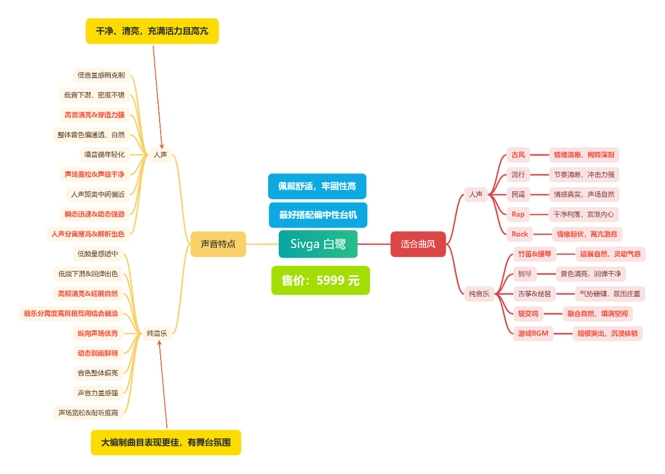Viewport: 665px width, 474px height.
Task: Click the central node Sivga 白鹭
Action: coord(318,244)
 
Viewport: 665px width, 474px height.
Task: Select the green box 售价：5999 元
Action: coord(320,281)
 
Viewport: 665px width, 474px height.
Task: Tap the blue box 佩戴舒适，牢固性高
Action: coord(317,186)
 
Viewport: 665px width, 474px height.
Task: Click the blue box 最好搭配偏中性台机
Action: coord(318,215)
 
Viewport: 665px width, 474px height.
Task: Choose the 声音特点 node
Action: coord(217,244)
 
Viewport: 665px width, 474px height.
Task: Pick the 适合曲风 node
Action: coord(418,244)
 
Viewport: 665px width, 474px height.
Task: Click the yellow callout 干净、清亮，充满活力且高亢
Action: coord(152,31)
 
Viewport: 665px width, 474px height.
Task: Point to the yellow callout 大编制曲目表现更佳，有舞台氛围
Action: coord(166,442)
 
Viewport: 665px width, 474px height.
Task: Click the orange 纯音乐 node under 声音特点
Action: coord(157,333)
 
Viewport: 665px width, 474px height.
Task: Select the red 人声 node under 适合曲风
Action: coord(475,194)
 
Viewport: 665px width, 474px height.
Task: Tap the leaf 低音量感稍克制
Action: coord(101,75)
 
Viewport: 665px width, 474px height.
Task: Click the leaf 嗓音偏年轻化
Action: coord(104,154)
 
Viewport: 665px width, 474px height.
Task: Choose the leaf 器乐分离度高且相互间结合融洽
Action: coord(71,313)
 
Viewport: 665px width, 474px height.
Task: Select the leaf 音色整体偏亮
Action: coord(98,373)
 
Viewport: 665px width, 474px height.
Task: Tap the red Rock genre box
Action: coord(519,234)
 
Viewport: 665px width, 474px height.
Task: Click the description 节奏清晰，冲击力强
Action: coord(584,174)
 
